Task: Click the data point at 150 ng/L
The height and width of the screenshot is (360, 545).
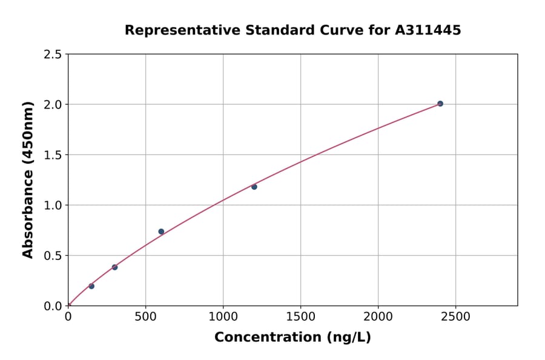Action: pyautogui.click(x=91, y=286)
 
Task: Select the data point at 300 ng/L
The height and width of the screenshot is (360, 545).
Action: pyautogui.click(x=114, y=267)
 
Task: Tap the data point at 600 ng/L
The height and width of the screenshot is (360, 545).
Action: pyautogui.click(x=161, y=232)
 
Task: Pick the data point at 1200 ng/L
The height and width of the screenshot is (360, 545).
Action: pyautogui.click(x=254, y=187)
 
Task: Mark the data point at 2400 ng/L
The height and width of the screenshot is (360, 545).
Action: pyautogui.click(x=440, y=104)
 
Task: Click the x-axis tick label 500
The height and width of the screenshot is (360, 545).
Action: pyautogui.click(x=145, y=317)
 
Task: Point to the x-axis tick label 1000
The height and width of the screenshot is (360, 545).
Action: pyautogui.click(x=223, y=317)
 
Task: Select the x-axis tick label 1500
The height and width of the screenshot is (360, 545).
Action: pyautogui.click(x=300, y=317)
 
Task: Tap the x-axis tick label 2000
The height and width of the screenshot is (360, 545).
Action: pyautogui.click(x=378, y=317)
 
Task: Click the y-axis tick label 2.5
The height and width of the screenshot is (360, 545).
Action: pyautogui.click(x=53, y=55)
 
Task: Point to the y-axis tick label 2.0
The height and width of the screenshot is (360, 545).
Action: pyautogui.click(x=53, y=105)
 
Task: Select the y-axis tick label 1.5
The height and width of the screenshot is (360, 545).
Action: pyautogui.click(x=53, y=155)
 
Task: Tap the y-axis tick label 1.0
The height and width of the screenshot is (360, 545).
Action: pyautogui.click(x=53, y=205)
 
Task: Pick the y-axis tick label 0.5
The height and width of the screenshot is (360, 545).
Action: pyautogui.click(x=53, y=256)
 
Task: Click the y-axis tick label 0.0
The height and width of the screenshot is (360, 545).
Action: pyautogui.click(x=53, y=306)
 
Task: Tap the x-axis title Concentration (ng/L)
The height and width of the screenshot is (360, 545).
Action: pyautogui.click(x=292, y=338)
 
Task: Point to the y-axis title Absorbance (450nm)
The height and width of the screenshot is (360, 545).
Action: pyautogui.click(x=28, y=180)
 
